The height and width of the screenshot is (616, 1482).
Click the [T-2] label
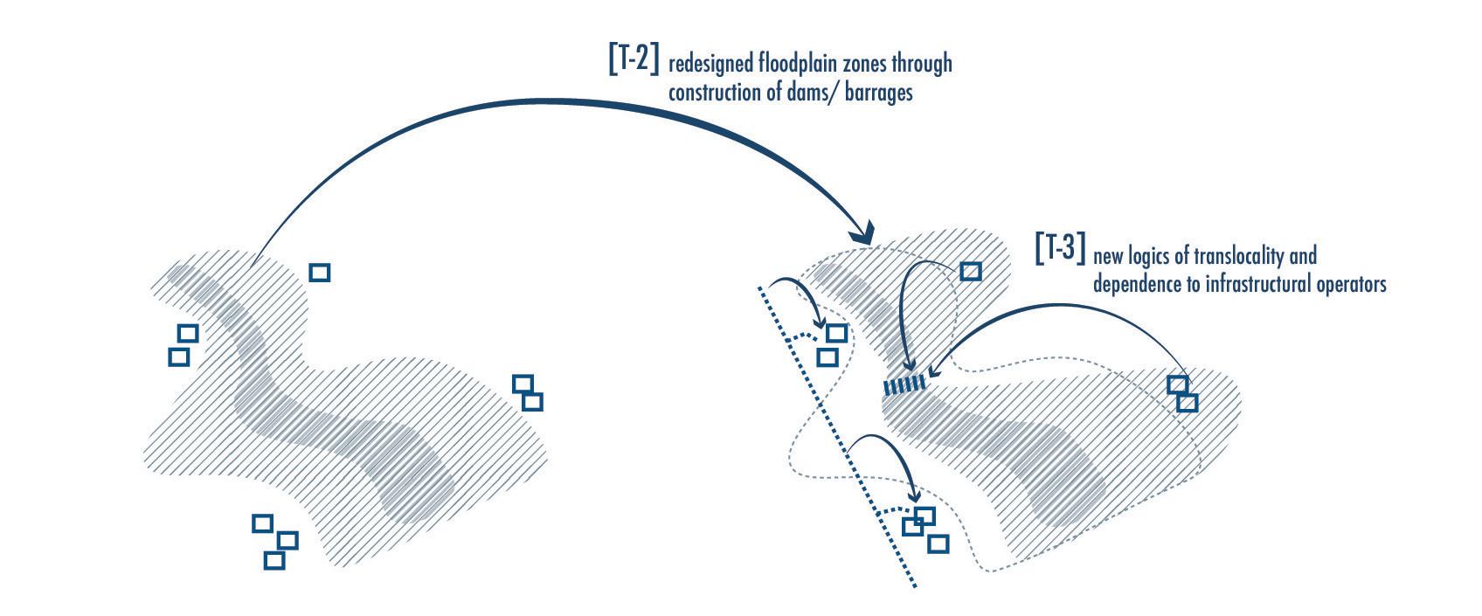634,58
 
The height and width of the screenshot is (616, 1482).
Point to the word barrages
874,93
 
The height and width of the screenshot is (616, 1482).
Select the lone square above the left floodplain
320,273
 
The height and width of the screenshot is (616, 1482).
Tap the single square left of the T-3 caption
971,272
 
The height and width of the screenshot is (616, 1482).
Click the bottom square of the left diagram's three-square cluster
274,560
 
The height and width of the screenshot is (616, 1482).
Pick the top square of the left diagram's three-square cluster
262,523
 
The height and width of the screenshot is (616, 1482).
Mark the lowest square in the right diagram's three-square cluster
938,543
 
